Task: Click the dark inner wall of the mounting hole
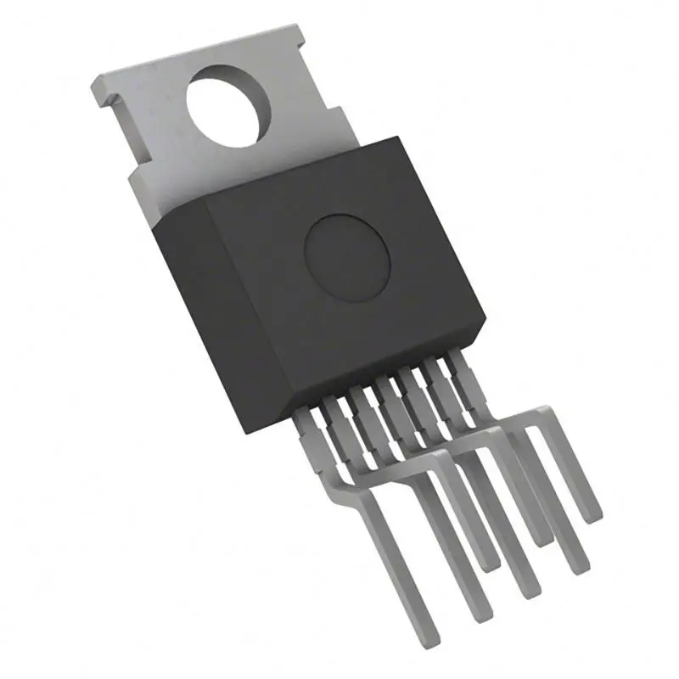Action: [x=255, y=93]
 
